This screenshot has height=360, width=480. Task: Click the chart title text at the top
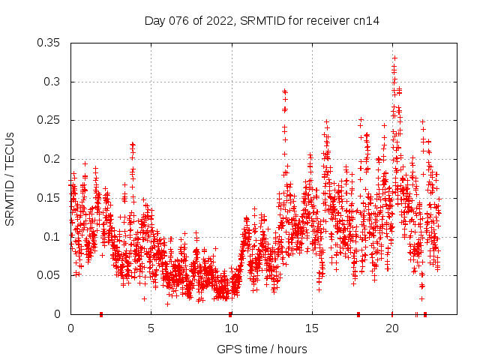(262, 21)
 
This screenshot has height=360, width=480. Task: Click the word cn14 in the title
(367, 21)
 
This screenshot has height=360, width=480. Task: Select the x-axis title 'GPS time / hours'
(262, 349)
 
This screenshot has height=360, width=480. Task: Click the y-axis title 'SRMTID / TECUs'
(10, 178)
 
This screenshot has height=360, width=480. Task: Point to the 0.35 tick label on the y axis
(49, 43)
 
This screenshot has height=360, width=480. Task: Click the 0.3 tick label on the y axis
(52, 82)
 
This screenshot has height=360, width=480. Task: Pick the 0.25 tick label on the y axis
(49, 120)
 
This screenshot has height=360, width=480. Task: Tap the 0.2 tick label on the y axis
(52, 159)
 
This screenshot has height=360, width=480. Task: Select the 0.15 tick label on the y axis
(49, 198)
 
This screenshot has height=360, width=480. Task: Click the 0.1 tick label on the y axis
(52, 237)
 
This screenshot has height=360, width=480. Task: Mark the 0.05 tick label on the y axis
(49, 275)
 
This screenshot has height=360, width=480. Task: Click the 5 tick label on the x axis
(151, 328)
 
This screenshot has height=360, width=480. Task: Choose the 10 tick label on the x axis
(231, 328)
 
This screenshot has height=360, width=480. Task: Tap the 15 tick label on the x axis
(311, 328)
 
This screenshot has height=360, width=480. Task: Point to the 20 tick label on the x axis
(391, 328)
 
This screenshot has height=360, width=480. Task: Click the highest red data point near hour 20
(394, 58)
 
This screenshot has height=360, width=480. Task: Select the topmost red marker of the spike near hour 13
(284, 91)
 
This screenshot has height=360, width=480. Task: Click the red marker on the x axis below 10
(230, 313)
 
